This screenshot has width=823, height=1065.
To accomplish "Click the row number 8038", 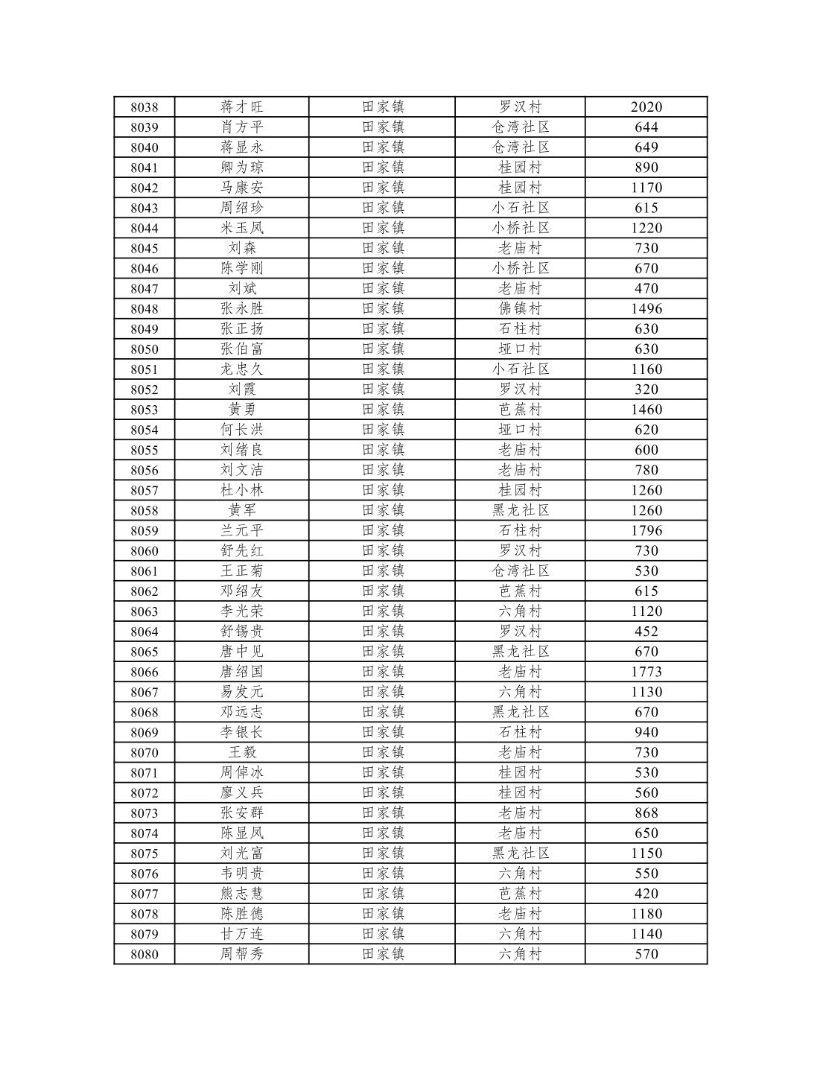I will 144,107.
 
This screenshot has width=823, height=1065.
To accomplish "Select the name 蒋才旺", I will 241,107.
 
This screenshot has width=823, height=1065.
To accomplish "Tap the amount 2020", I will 646,107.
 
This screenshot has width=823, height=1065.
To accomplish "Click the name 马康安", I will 241,188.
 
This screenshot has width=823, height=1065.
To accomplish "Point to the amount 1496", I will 646,308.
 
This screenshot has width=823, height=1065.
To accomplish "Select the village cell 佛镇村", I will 520,308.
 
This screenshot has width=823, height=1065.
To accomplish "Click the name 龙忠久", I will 241,369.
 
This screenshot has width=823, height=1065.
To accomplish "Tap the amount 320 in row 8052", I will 646,389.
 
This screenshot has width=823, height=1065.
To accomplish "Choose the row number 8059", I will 144,530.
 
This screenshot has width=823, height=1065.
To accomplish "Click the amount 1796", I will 646,530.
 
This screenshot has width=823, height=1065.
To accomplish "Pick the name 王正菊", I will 241,570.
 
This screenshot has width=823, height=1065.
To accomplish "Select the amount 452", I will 646,631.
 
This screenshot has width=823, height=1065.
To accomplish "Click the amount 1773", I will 646,671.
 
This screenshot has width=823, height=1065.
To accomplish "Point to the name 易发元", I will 241,691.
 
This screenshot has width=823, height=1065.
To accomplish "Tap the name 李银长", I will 241,732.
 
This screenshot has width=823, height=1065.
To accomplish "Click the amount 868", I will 646,813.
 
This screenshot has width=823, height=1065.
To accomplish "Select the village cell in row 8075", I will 520,853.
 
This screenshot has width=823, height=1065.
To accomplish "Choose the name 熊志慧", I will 241,893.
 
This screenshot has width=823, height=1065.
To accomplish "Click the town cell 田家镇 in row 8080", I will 383,953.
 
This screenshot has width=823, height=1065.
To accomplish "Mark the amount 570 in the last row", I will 646,953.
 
